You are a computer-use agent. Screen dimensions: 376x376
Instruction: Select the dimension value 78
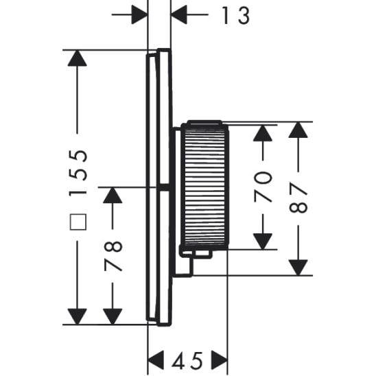(114, 255)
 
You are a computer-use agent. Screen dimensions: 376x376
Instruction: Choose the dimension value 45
(188, 359)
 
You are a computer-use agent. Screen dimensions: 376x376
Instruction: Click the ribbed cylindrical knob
(204, 185)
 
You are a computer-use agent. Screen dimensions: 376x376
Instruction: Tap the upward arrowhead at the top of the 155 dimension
(77, 58)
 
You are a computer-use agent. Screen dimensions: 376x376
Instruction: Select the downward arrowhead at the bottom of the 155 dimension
(77, 316)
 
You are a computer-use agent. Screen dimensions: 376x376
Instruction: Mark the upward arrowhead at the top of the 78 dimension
(112, 196)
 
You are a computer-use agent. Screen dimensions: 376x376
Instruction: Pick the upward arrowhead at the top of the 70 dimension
(263, 132)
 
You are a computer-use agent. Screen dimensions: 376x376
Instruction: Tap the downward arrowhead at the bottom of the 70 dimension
(263, 241)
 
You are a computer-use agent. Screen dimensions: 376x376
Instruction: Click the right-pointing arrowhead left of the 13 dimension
(140, 14)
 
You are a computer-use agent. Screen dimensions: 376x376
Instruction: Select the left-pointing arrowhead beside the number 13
(180, 14)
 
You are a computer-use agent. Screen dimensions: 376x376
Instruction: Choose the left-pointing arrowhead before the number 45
(156, 359)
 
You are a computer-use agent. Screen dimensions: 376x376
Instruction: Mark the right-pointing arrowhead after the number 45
(219, 359)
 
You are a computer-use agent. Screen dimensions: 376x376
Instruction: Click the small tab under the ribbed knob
(200, 254)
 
